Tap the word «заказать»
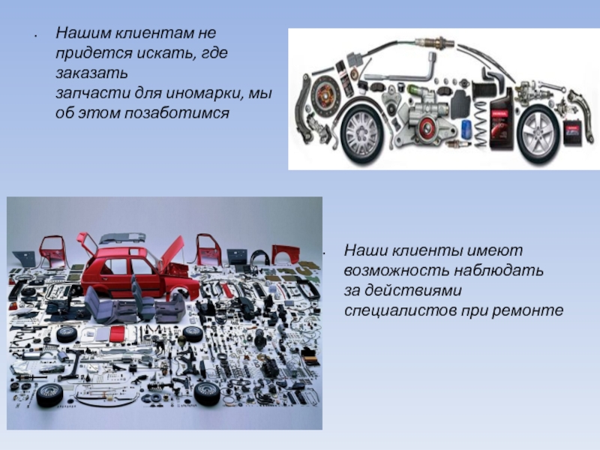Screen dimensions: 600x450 tap(91, 73)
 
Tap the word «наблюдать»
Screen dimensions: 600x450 tap(499, 270)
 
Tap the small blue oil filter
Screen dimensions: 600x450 tap(466, 129)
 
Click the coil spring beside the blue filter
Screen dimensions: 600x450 tap(481, 125)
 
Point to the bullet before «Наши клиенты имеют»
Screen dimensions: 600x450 tap(324, 253)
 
